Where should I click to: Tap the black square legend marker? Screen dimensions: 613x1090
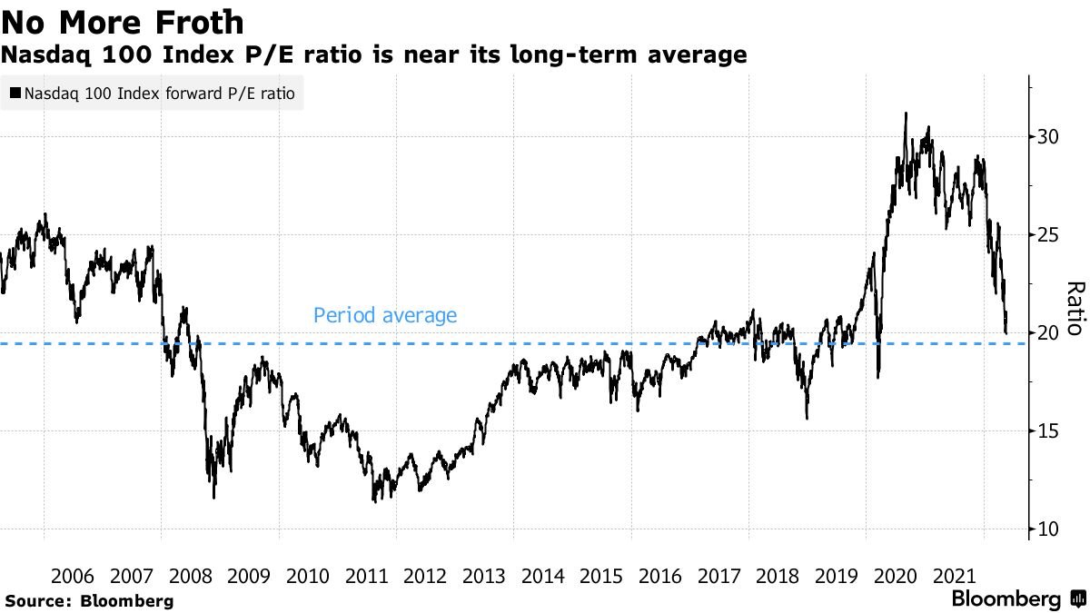coord(15,93)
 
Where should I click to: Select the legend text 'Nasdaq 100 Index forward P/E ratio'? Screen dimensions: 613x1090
coord(158,93)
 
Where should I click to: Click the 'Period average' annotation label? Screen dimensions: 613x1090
coord(384,316)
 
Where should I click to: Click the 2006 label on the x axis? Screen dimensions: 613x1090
coord(74,576)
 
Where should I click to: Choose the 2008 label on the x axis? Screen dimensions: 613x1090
coord(191,576)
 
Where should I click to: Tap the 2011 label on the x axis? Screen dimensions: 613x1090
coord(367,576)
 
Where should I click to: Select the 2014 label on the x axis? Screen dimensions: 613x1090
coord(543,576)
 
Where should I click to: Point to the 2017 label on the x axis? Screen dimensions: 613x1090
coord(719,576)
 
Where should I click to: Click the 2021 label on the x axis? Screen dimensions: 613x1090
coord(954,576)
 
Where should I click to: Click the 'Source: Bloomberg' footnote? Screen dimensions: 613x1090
coord(89,600)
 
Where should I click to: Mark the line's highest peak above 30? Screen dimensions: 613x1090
coord(906,114)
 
